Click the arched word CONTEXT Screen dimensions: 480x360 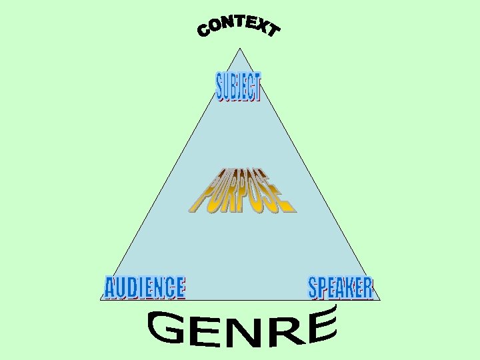[239, 27]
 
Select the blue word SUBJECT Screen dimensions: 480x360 [239, 87]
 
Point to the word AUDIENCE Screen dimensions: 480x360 [145, 287]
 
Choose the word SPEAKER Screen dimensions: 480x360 [341, 287]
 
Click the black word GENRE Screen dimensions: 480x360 [241, 329]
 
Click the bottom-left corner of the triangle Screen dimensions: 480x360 [101, 300]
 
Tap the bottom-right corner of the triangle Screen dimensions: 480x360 [380, 300]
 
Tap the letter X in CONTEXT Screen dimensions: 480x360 [259, 25]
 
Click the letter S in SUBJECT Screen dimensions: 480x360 [221, 87]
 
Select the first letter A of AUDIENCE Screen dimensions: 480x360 [110, 288]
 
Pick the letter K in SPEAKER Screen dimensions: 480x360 [351, 287]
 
